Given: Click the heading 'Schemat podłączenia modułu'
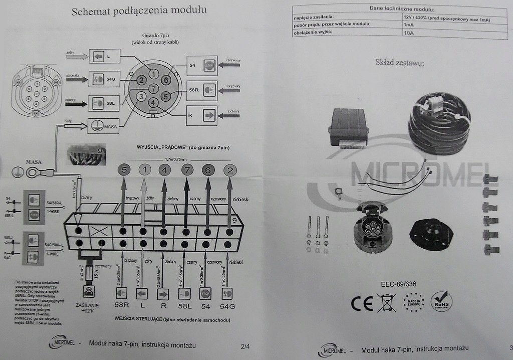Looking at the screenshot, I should pos(139,11).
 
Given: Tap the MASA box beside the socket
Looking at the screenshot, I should pos(103,125).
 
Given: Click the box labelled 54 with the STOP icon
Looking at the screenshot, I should pos(202,65).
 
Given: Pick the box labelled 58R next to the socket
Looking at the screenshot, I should pos(202,90).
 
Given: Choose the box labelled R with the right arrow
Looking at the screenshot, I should pos(202,115).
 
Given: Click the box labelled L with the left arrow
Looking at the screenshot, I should pos(104,56).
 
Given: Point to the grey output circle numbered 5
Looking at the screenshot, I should pos(124,170).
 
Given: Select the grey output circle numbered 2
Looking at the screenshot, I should pos(230,170).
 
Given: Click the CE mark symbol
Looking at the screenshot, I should pos(362,303).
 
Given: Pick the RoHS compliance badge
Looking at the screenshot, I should pos(441,302).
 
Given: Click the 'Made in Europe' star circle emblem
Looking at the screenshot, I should pos(414,302).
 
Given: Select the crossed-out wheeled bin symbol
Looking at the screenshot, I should pos(386,303).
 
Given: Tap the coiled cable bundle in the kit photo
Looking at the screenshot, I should pos(439,123).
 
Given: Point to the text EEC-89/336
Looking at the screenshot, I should pos(399,284).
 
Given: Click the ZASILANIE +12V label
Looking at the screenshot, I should pos(88,307).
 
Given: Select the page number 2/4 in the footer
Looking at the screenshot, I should pos(245,345).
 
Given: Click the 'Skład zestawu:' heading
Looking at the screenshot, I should pos(399,63).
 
